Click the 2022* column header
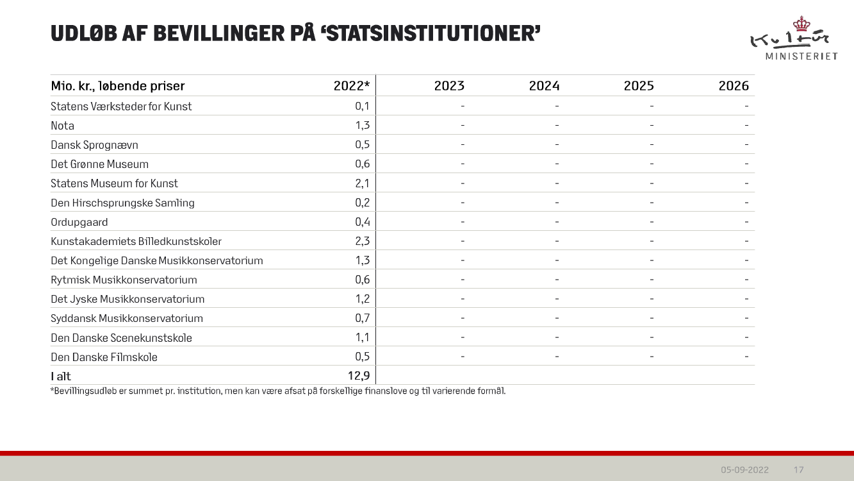pos(352,86)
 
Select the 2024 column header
pos(544,86)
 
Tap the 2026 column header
pos(734,86)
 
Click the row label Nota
pos(62,126)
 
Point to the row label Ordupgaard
pos(79,222)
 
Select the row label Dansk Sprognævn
pos(94,145)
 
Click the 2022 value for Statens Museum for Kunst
pos(362,183)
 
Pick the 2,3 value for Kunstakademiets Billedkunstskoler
pos(362,241)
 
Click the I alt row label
pos(61,376)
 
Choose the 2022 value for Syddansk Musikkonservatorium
pos(362,318)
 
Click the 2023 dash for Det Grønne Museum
pos(462,164)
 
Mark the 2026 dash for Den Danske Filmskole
pos(746,357)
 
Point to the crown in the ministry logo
pos(801,24)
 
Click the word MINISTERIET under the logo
pos(801,56)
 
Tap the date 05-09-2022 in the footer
pos(744,469)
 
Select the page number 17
pos(798,469)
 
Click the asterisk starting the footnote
pos(51,390)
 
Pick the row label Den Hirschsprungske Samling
pos(122,203)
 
